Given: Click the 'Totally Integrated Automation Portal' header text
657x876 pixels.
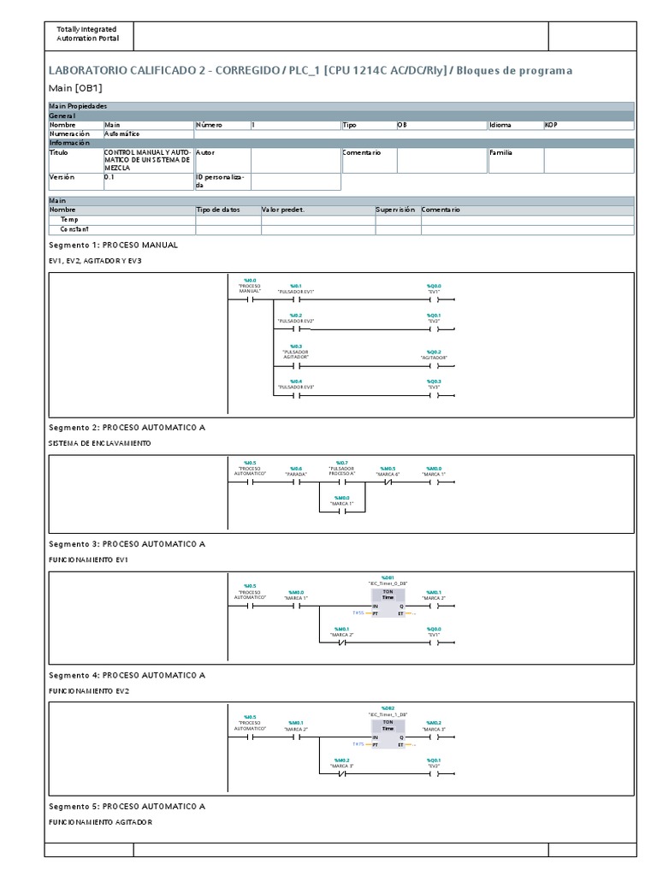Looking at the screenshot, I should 87,34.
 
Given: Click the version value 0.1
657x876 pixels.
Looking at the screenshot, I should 109,177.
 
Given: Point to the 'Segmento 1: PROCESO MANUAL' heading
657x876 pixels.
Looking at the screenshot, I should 113,245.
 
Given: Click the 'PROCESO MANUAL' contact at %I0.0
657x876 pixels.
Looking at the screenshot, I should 250,300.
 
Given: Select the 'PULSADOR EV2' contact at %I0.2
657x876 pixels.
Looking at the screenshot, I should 296,329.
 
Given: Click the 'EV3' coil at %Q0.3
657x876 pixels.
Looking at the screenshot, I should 434,395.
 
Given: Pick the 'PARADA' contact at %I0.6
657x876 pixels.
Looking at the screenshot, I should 296,482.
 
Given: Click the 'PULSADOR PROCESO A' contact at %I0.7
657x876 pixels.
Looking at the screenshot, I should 341,482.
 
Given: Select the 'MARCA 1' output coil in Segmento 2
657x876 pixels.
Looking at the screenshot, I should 434,482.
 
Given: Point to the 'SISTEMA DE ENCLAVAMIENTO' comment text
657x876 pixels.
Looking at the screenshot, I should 100,443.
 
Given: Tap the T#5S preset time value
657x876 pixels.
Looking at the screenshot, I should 358,613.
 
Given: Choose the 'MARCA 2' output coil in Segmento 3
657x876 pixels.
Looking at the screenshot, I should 434,606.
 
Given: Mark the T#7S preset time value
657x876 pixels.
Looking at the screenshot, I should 358,744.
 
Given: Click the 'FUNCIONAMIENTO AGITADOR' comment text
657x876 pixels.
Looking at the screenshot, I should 100,822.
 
